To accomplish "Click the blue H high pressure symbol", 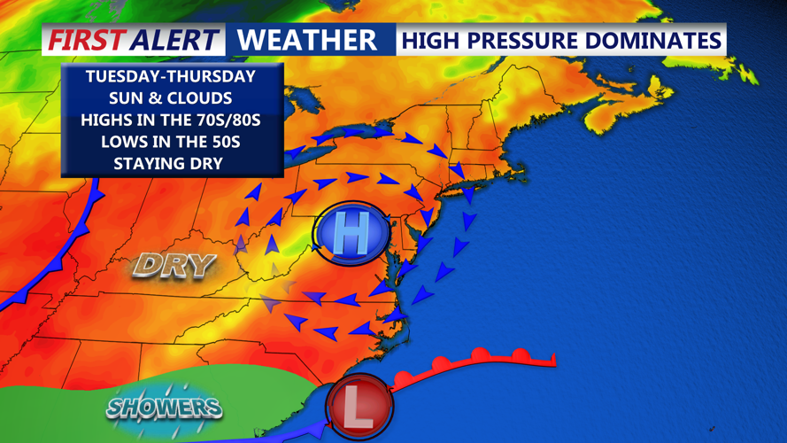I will tap(351, 235).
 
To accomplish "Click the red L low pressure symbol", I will tap(359, 407).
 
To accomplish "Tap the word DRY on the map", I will tap(174, 264).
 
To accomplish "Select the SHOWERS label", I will tap(164, 407).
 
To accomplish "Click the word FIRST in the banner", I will tap(86, 40).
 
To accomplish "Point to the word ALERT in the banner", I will tap(174, 40).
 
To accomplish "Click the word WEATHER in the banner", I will tap(307, 40).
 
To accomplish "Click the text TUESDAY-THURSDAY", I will tap(170, 77).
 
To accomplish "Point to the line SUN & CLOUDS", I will tap(170, 98).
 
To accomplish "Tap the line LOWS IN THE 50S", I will tap(170, 142).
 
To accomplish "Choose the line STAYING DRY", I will tap(170, 163).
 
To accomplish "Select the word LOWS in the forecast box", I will tap(121, 142).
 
